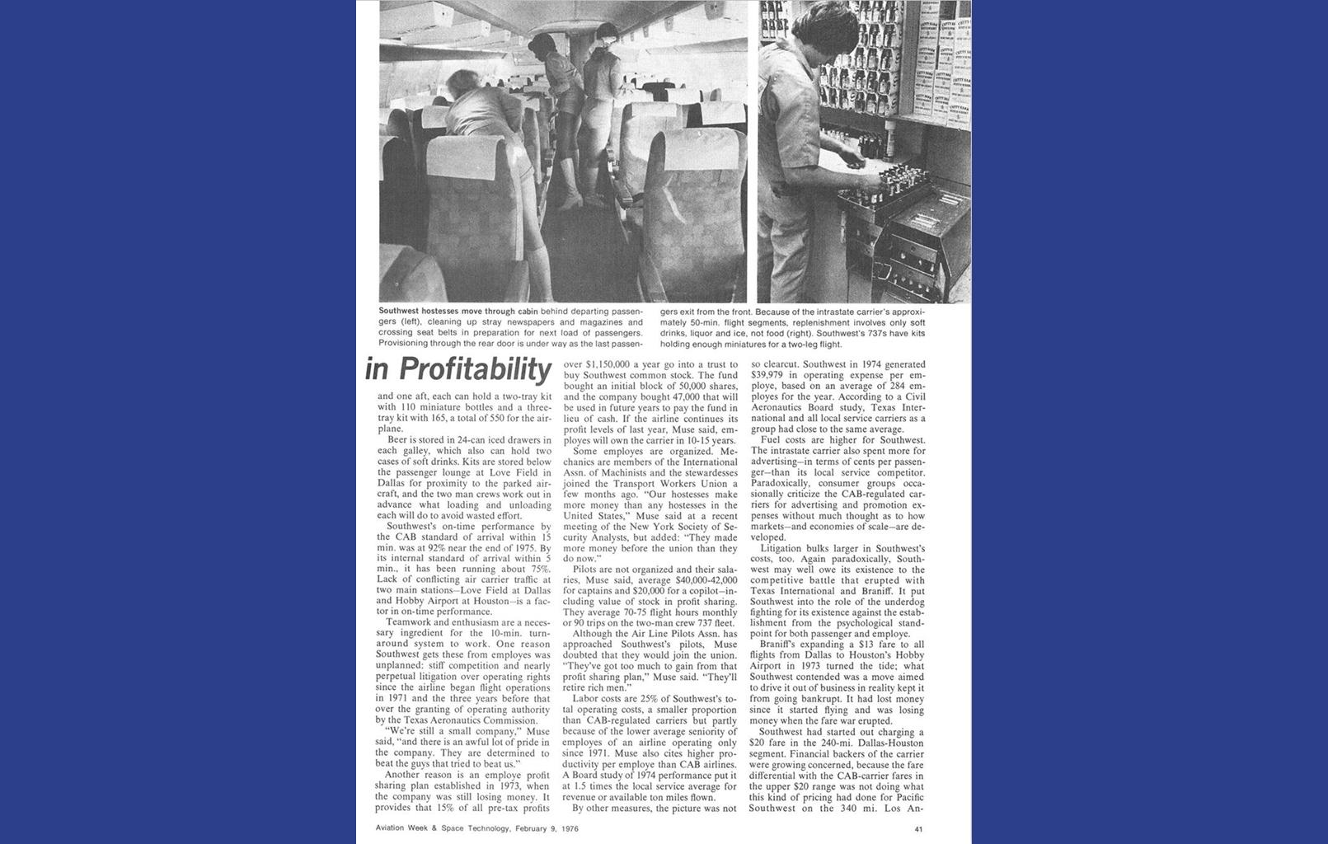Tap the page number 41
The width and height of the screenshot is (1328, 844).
(918, 828)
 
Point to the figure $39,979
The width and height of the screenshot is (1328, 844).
(770, 375)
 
